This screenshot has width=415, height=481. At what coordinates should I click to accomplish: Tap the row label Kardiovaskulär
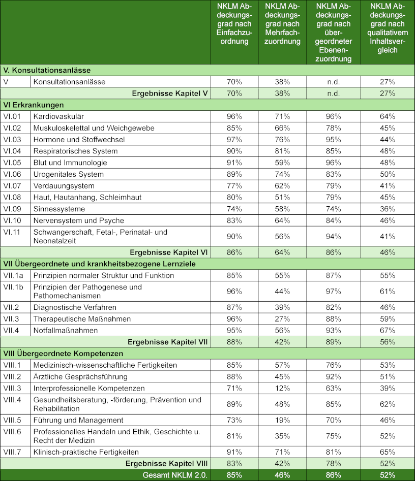click(58, 116)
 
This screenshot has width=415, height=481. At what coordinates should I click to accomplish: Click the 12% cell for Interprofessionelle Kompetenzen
click(283, 388)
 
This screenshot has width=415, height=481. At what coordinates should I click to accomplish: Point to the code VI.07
click(13, 185)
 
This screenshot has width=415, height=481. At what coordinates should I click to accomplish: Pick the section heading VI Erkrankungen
click(34, 105)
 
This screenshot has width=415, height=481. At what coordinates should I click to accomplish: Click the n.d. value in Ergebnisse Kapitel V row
click(334, 93)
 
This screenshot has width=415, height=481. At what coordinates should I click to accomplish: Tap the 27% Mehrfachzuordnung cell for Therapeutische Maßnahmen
click(283, 318)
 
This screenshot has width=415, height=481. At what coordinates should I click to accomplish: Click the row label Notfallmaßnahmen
click(66, 330)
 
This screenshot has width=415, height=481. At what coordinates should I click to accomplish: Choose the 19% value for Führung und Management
click(283, 420)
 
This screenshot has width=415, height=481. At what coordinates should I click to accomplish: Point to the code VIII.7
click(14, 452)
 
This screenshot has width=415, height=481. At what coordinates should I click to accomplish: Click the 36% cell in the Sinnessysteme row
click(387, 209)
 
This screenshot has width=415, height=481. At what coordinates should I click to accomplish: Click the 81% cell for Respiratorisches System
click(283, 151)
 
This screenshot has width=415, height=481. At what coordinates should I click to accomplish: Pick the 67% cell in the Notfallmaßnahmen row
click(387, 330)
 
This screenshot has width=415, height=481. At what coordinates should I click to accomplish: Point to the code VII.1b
click(15, 287)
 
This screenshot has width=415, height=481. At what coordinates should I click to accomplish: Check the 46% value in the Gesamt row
click(283, 475)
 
